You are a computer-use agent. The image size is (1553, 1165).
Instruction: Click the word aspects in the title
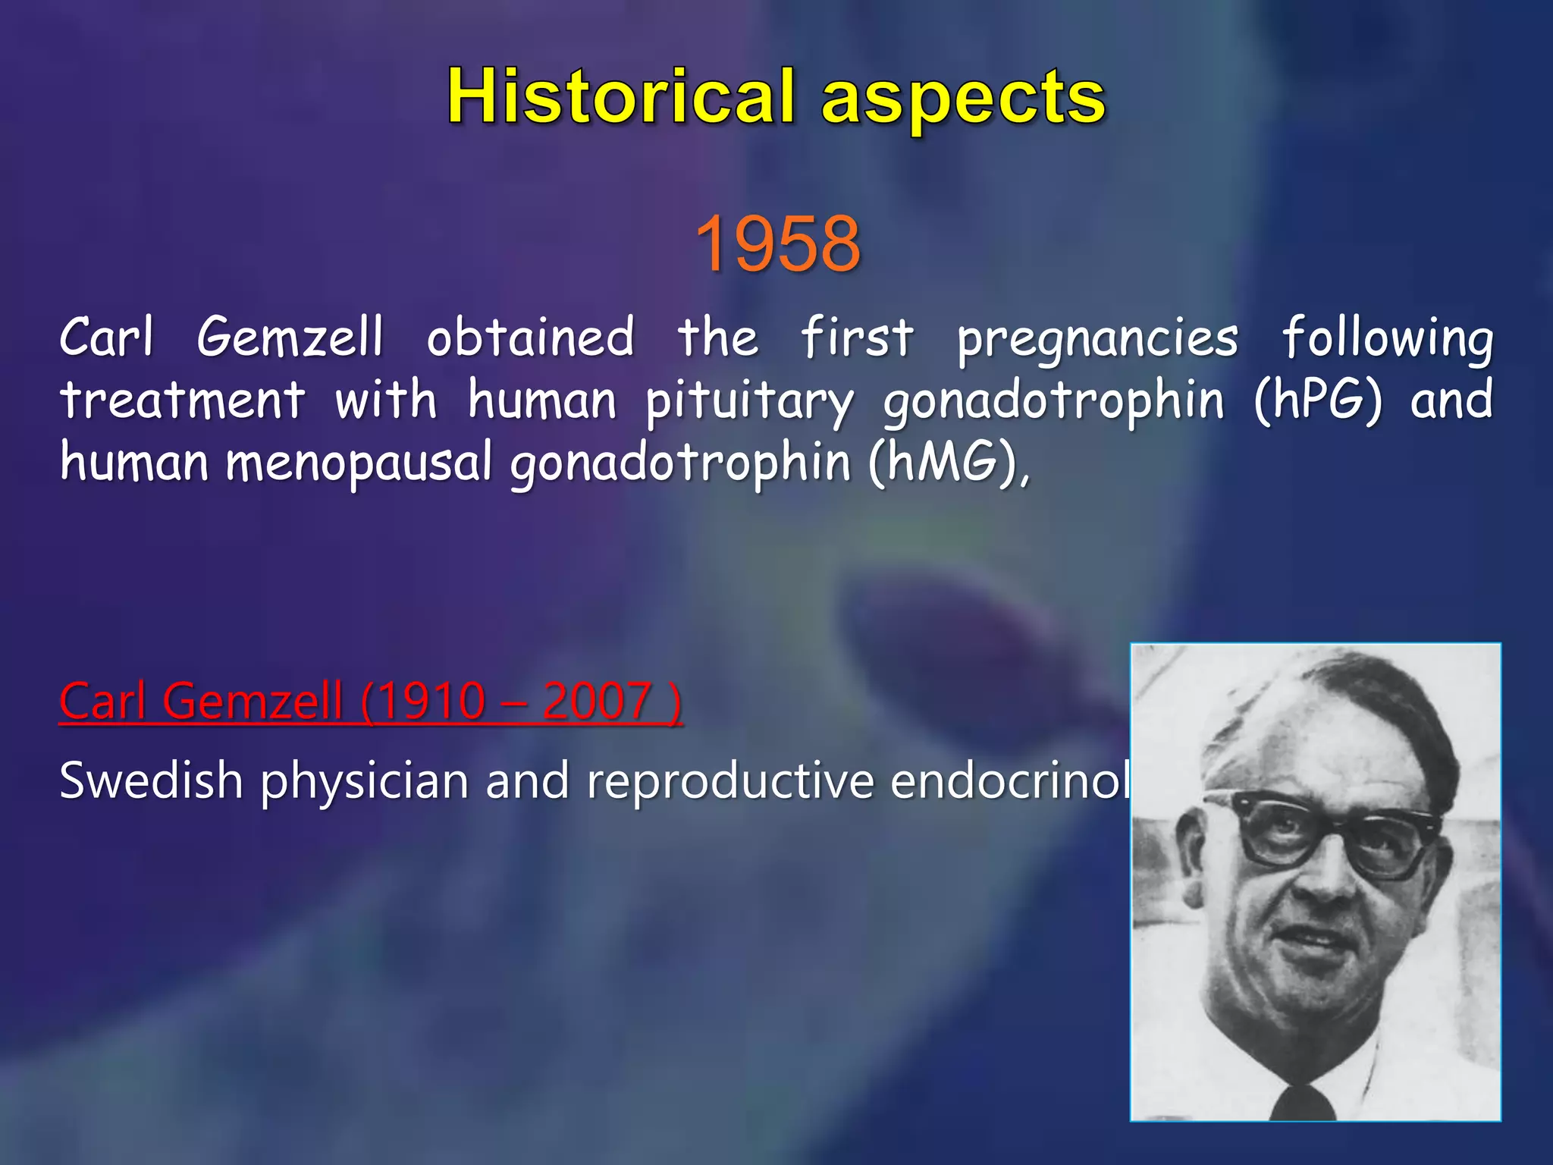coord(964,100)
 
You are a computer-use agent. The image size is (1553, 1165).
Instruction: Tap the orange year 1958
coord(777,243)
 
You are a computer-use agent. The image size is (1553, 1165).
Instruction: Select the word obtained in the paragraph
coord(530,337)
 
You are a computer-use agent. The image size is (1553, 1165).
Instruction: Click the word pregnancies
coord(1097,339)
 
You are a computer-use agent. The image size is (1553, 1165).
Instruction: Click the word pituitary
coord(749,401)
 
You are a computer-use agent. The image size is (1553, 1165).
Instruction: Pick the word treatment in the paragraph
coord(183,400)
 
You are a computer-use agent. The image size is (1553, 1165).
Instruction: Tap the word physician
coord(364,781)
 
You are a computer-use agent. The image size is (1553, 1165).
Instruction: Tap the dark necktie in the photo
coord(1306,1104)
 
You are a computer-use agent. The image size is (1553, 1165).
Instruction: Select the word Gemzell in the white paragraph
coord(290,337)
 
